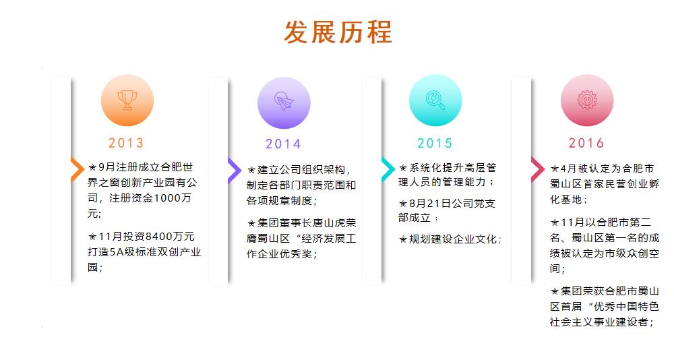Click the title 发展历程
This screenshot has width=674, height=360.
point(338,32)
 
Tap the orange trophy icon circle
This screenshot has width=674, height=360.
point(127,100)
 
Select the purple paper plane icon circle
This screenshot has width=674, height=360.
point(284,102)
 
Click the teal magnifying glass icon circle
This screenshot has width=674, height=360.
point(435,100)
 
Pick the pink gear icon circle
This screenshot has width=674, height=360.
point(587,100)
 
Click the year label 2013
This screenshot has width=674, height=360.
point(126,143)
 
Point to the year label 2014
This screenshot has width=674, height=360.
point(283,144)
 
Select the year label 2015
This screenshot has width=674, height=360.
point(435,143)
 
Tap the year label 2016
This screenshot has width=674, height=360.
point(586,143)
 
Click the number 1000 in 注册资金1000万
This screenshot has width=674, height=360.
point(167,198)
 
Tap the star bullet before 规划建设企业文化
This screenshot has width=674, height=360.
point(403,239)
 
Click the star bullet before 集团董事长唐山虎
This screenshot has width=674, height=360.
point(251,223)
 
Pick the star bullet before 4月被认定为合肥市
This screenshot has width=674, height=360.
point(555,169)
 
